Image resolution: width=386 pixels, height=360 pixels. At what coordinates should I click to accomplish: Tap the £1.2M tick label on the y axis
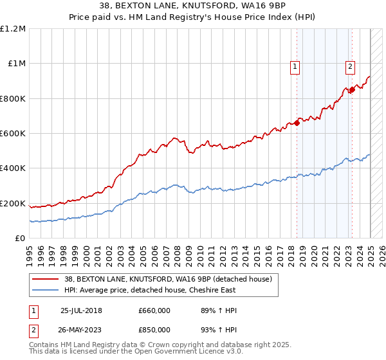click(13, 29)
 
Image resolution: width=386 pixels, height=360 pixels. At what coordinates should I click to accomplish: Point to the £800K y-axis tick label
click(13, 99)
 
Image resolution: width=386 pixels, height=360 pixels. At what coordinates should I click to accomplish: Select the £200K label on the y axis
click(13, 204)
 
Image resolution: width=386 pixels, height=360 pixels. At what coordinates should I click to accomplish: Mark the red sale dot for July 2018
click(297, 123)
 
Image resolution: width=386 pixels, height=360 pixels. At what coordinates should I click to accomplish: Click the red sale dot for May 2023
click(352, 90)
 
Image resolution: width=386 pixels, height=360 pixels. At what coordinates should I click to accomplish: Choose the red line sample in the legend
click(45, 279)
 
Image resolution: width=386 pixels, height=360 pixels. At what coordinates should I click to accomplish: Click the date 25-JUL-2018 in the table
click(81, 310)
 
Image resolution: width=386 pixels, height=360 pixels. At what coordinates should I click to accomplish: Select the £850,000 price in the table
click(154, 329)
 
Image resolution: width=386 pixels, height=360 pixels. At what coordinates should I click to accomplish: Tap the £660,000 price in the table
click(154, 310)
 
